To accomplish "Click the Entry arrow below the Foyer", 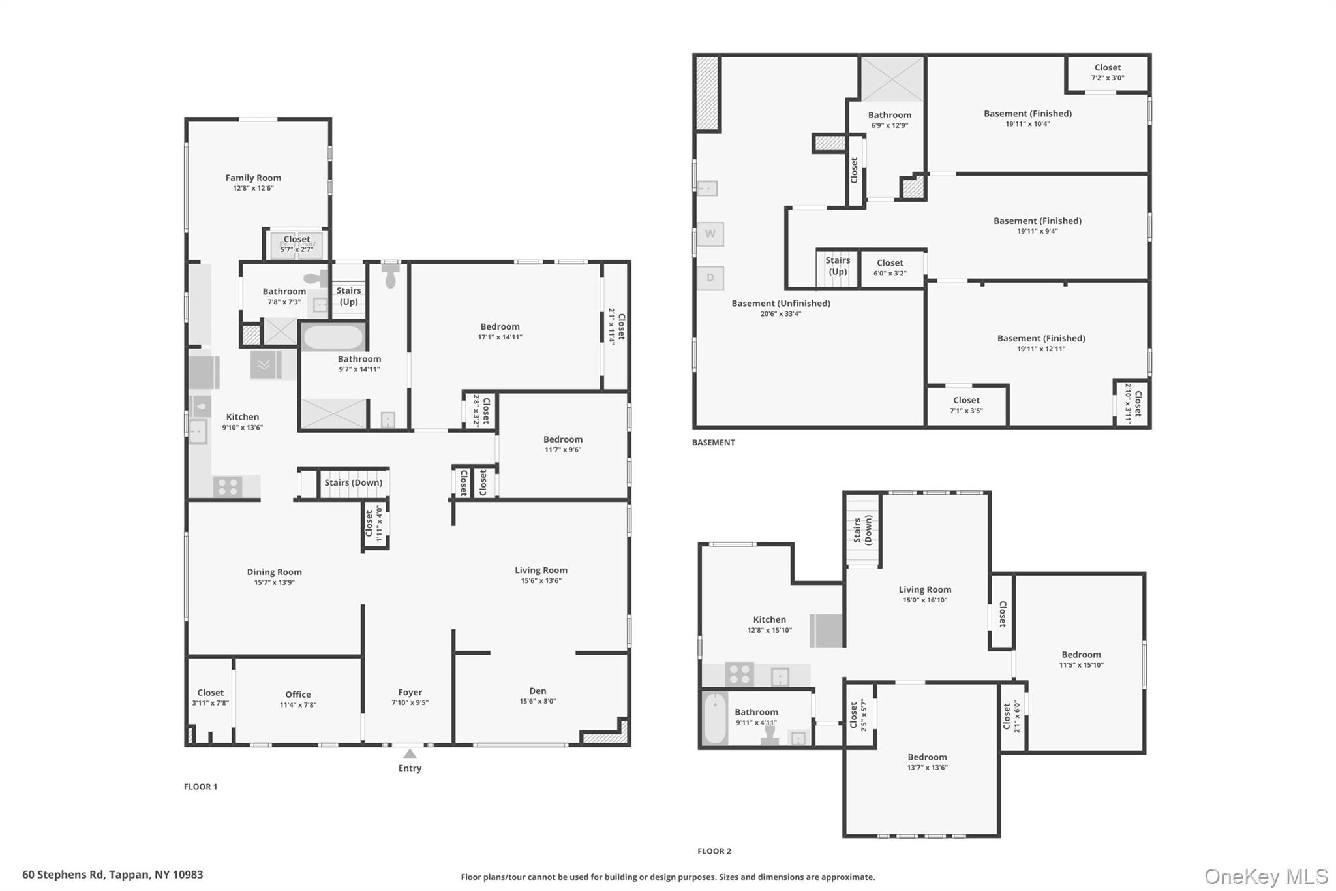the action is coord(410,754).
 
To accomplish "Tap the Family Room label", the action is coord(253,178).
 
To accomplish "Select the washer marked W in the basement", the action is coord(710,234).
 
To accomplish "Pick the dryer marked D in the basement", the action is coord(710,278).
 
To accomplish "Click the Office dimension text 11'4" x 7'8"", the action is coord(298,705).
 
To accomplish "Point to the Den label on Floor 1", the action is coord(538,691).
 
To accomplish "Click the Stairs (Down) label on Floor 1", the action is coord(354,483).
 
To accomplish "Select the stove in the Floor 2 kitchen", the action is coord(740,674).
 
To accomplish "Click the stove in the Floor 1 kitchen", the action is coord(228,487).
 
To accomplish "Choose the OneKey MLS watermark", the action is coord(1266,876).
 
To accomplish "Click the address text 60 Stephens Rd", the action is coord(63,875).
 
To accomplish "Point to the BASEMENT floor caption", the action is coord(714,443).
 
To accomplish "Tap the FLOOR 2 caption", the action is coord(714,851).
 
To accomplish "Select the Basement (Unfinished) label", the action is coord(781,304).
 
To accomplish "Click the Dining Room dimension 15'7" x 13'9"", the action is coord(275,582).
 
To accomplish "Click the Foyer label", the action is coord(410,692).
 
